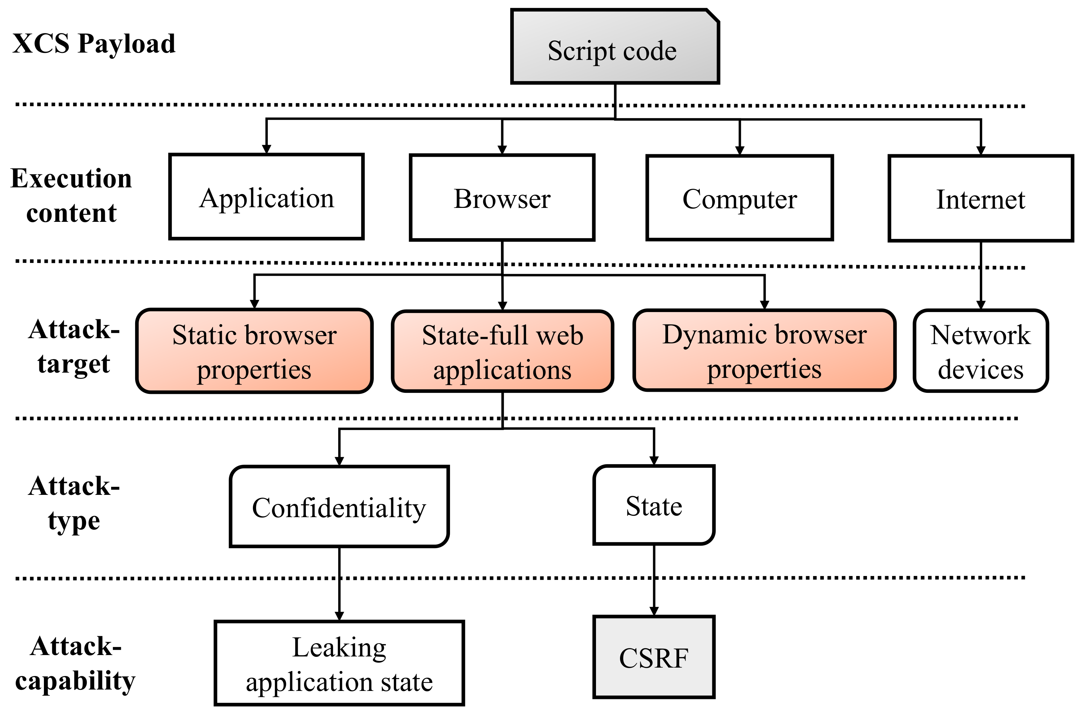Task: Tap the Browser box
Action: [502, 198]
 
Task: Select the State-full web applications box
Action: [502, 352]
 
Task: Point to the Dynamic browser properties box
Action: [764, 351]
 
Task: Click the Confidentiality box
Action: [339, 507]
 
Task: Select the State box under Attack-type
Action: [653, 506]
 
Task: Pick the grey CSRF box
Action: [653, 657]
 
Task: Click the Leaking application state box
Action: [339, 663]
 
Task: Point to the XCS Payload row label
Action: [94, 44]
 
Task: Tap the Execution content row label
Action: [71, 195]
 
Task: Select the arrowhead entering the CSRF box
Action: [654, 611]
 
